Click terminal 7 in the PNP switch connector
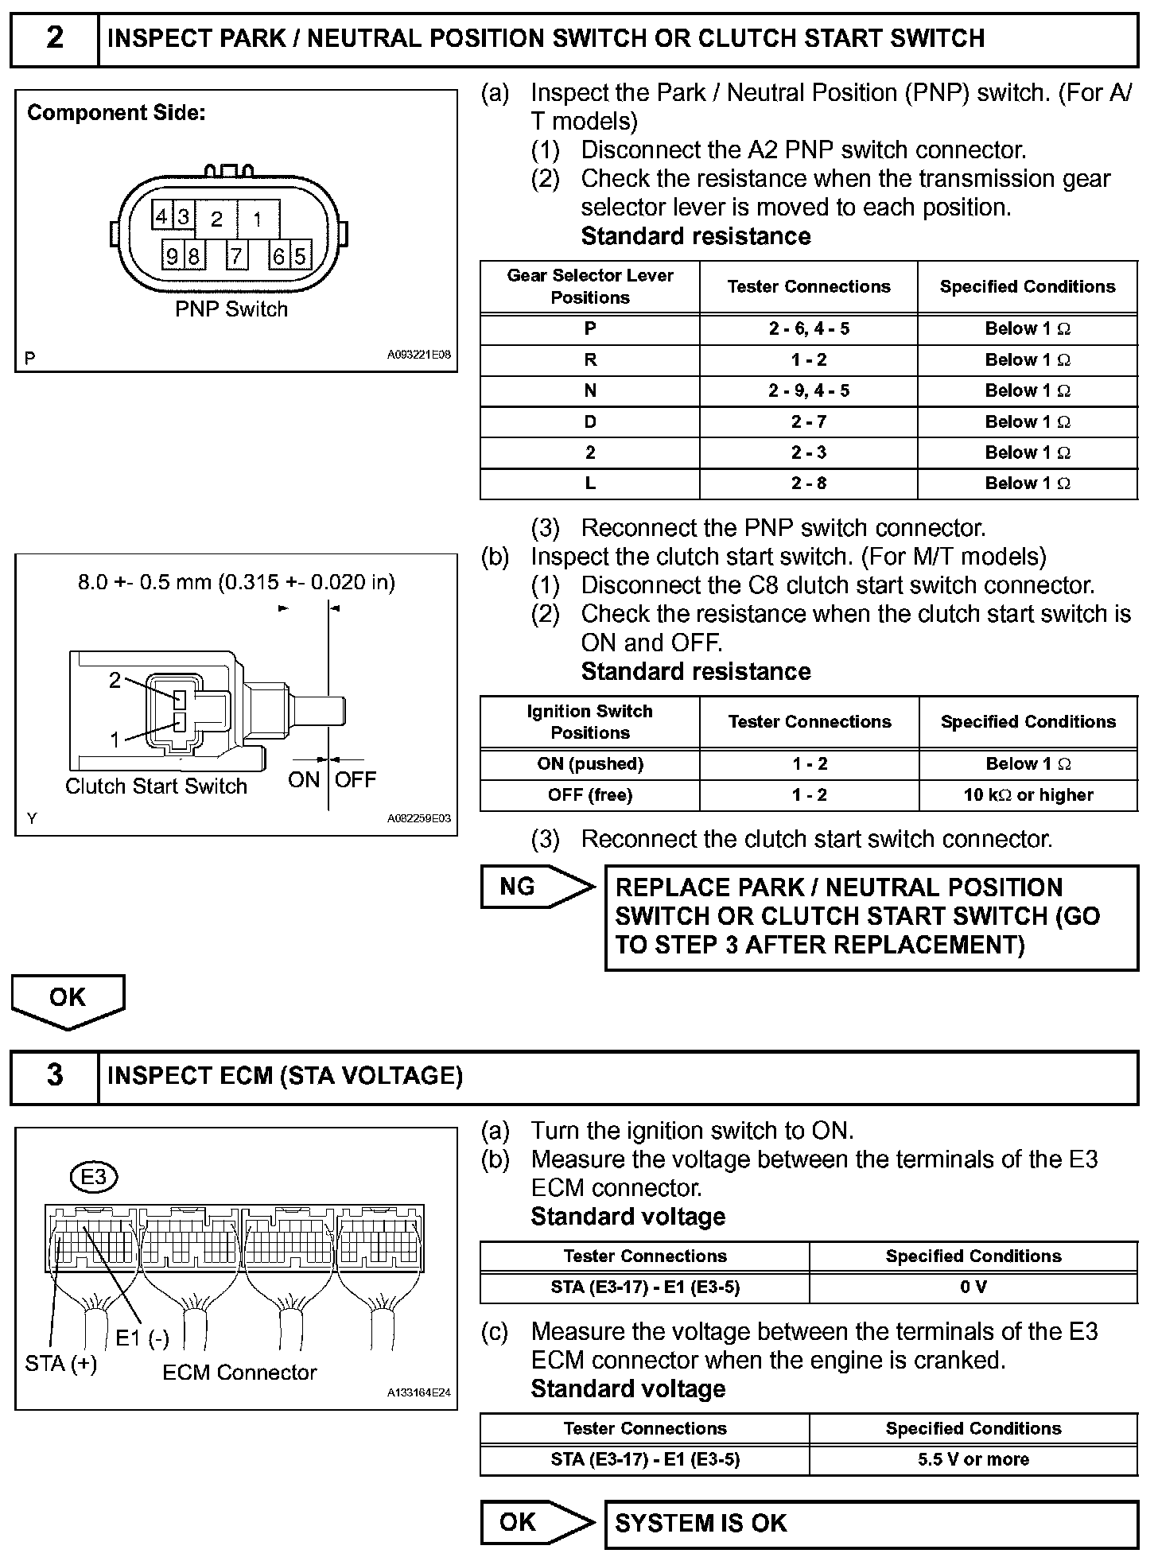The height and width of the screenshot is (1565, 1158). click(x=236, y=256)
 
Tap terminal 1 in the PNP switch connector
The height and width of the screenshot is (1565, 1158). click(x=257, y=219)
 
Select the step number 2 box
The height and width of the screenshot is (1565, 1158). click(x=54, y=38)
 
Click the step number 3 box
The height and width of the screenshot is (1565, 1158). click(x=54, y=1075)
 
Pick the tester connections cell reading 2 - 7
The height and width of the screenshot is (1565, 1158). click(x=808, y=421)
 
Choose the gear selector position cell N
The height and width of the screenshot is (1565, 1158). click(x=589, y=390)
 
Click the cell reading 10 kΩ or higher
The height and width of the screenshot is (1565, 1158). click(x=1028, y=794)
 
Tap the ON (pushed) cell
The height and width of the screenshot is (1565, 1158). click(x=589, y=763)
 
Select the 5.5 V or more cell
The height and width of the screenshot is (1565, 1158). click(x=973, y=1459)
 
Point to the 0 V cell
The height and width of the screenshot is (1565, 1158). click(x=973, y=1287)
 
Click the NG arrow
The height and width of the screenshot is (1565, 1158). click(x=537, y=887)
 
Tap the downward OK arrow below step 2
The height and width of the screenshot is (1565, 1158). click(x=68, y=1000)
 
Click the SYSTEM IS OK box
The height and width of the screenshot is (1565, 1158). click(x=871, y=1523)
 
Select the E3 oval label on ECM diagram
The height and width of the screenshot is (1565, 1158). click(x=94, y=1176)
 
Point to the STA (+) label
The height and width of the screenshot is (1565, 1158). click(x=61, y=1363)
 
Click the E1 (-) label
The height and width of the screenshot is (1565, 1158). click(x=142, y=1338)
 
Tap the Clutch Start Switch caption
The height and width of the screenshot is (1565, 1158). click(x=156, y=786)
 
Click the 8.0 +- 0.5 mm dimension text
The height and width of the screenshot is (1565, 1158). click(x=236, y=582)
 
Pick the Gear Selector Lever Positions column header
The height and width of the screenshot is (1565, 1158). click(x=589, y=286)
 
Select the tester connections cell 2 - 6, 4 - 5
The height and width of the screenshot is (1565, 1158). click(x=808, y=328)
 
